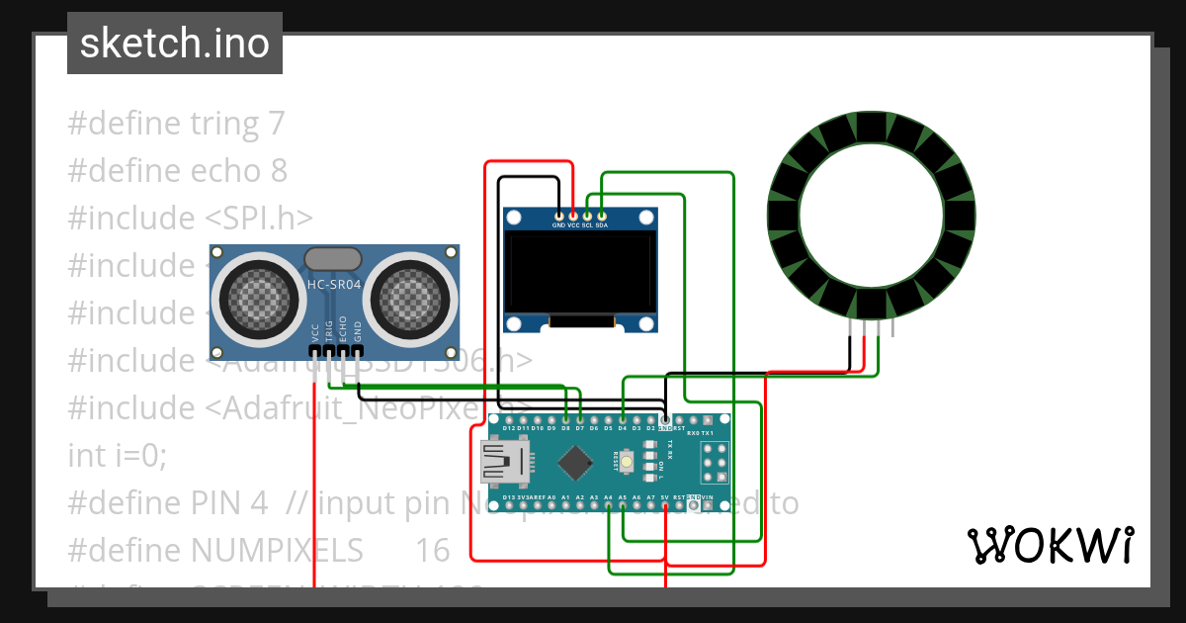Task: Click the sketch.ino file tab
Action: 174,44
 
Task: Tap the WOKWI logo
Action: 1050,545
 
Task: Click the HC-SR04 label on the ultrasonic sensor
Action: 333,286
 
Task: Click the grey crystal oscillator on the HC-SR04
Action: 333,259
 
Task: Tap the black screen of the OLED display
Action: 580,273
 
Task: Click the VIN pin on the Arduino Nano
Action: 708,504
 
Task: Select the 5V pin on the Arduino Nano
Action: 665,504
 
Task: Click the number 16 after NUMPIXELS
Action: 432,549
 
